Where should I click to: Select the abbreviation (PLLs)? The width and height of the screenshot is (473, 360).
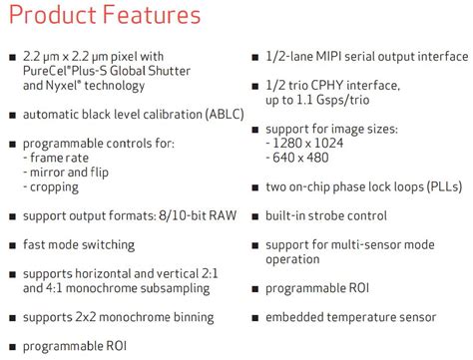[436, 186]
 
